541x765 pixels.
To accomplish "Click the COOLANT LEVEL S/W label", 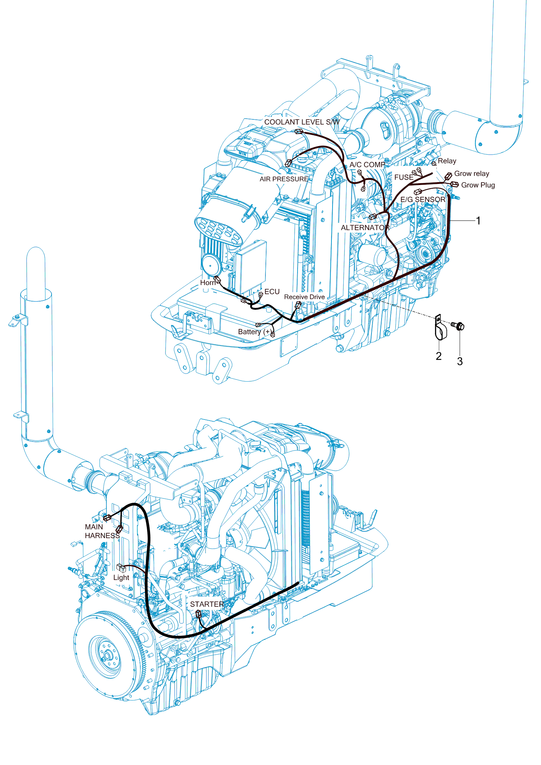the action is (x=302, y=122).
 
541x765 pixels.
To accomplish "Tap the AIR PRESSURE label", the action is (x=284, y=179).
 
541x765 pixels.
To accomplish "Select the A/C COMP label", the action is (x=367, y=164).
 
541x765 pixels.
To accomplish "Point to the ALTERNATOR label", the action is (x=365, y=228).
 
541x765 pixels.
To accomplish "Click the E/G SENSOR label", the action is (x=423, y=199).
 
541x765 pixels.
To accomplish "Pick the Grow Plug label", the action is (x=478, y=185).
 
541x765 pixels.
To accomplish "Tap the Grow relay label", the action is (x=471, y=173).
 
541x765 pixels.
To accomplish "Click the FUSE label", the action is (x=404, y=177).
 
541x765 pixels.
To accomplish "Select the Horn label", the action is (x=208, y=282).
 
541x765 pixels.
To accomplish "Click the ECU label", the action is (x=272, y=291).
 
